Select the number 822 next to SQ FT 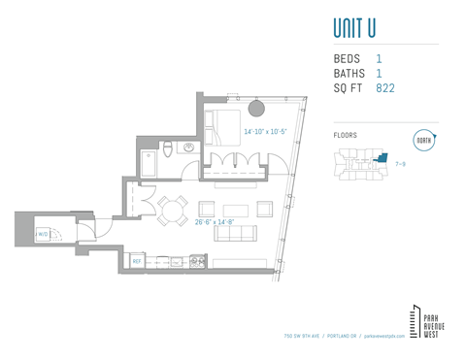(385, 88)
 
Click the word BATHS (349, 74)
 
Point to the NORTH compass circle (424, 140)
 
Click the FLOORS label (345, 135)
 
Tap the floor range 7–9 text (400, 165)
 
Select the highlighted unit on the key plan (382, 156)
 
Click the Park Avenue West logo (425, 322)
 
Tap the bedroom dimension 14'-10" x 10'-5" (265, 131)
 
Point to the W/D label (43, 234)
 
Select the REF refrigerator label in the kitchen (137, 261)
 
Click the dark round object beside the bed (259, 107)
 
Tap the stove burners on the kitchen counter (197, 260)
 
